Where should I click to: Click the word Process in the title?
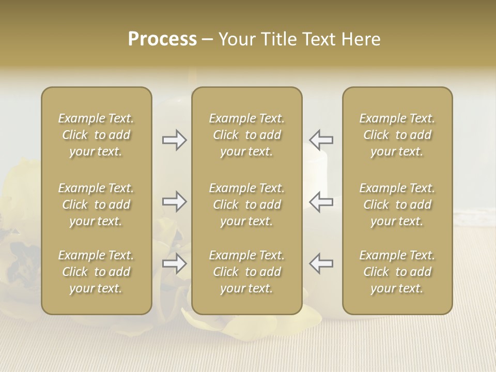pos(162,39)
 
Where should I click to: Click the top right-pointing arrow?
pos(174,140)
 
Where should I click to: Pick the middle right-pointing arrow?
pos(174,201)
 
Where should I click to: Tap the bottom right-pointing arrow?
pos(174,263)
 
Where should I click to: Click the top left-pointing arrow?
pos(321,139)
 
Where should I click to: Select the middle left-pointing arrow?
pos(321,201)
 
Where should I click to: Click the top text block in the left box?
pos(96,135)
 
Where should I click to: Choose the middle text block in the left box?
pos(96,205)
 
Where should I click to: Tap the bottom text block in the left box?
pos(96,272)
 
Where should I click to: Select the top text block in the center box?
pos(246,135)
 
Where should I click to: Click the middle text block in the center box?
pos(246,205)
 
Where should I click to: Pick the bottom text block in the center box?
pos(246,272)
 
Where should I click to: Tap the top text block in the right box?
pos(397,135)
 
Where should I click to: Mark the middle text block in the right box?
pos(397,205)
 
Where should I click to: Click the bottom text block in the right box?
pos(397,272)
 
